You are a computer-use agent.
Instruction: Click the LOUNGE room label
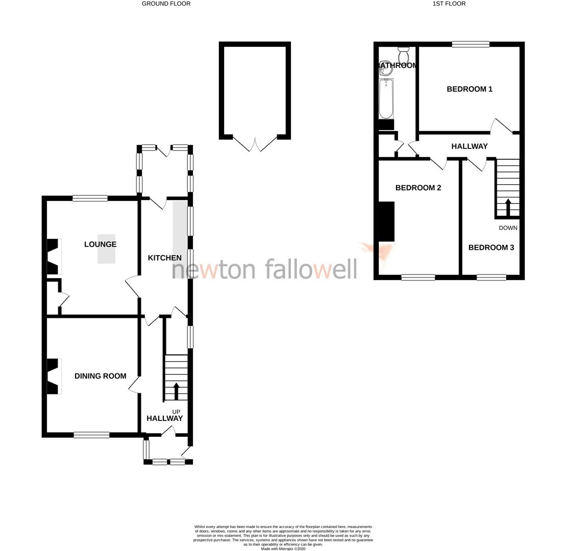(100, 244)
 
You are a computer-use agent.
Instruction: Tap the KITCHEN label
(164, 258)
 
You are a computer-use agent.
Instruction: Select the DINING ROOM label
(100, 376)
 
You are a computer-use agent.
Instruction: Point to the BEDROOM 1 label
(469, 89)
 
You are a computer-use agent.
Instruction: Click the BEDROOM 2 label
(418, 188)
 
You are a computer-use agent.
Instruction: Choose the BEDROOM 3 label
(490, 247)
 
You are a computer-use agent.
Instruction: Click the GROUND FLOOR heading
(166, 4)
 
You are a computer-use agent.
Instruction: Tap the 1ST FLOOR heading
(449, 4)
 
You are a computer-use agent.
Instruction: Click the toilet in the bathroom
(403, 55)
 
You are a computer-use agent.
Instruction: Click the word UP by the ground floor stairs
(176, 412)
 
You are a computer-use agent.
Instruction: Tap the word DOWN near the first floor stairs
(508, 228)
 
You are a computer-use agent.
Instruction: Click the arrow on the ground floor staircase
(177, 391)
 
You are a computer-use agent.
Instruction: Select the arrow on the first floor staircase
(508, 207)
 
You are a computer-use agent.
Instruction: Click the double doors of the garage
(255, 143)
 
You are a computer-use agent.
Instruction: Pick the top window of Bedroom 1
(470, 44)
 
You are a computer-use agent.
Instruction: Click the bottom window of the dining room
(91, 435)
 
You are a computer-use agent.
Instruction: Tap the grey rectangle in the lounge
(106, 249)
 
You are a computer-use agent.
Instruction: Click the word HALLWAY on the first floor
(469, 146)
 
